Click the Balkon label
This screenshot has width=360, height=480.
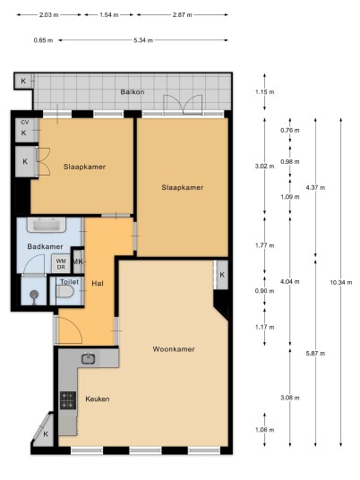click(x=133, y=92)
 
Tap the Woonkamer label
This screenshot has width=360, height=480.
click(x=174, y=349)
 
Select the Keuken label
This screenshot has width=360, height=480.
click(x=98, y=399)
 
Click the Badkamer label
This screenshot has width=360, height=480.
click(x=45, y=246)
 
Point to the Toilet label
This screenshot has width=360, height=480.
click(x=69, y=282)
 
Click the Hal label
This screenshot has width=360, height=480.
click(x=98, y=284)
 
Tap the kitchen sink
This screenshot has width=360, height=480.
click(x=88, y=358)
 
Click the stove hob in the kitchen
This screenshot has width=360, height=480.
click(x=68, y=400)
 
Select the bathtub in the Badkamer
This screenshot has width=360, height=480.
click(x=47, y=225)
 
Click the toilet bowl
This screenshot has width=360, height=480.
click(x=64, y=292)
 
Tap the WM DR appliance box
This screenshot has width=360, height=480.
click(x=61, y=264)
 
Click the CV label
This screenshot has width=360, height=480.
click(x=25, y=123)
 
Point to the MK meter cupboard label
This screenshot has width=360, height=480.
click(x=77, y=261)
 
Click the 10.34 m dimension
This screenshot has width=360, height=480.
click(x=341, y=283)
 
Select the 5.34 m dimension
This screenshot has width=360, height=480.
click(x=143, y=40)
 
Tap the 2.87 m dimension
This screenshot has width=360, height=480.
click(x=183, y=14)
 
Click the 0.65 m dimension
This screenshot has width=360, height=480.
click(x=43, y=40)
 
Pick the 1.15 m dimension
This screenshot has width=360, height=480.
click(x=265, y=92)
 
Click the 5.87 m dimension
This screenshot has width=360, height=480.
click(x=315, y=354)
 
